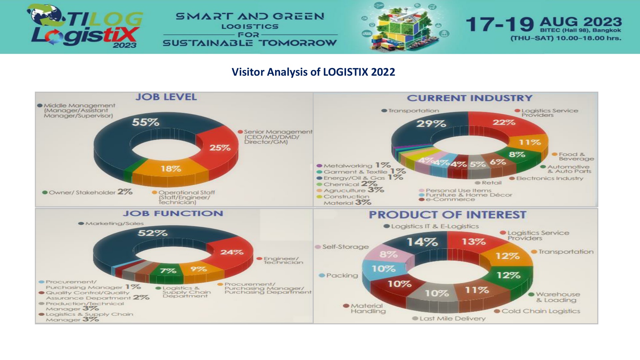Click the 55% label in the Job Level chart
pos(145,122)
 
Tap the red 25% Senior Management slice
pos(220,148)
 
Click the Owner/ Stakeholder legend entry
pos(87,192)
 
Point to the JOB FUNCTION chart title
pos(173,214)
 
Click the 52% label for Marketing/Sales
pos(152,233)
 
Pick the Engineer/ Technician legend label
pos(283,260)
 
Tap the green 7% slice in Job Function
pos(168,271)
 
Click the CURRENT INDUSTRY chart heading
pos(469,98)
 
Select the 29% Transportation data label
pos(431,124)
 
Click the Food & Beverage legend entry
pos(573,156)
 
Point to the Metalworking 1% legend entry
pos(353,165)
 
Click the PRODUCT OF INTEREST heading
pos(447,215)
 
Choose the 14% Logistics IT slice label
pos(422,242)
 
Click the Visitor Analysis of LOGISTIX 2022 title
pos(313,72)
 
